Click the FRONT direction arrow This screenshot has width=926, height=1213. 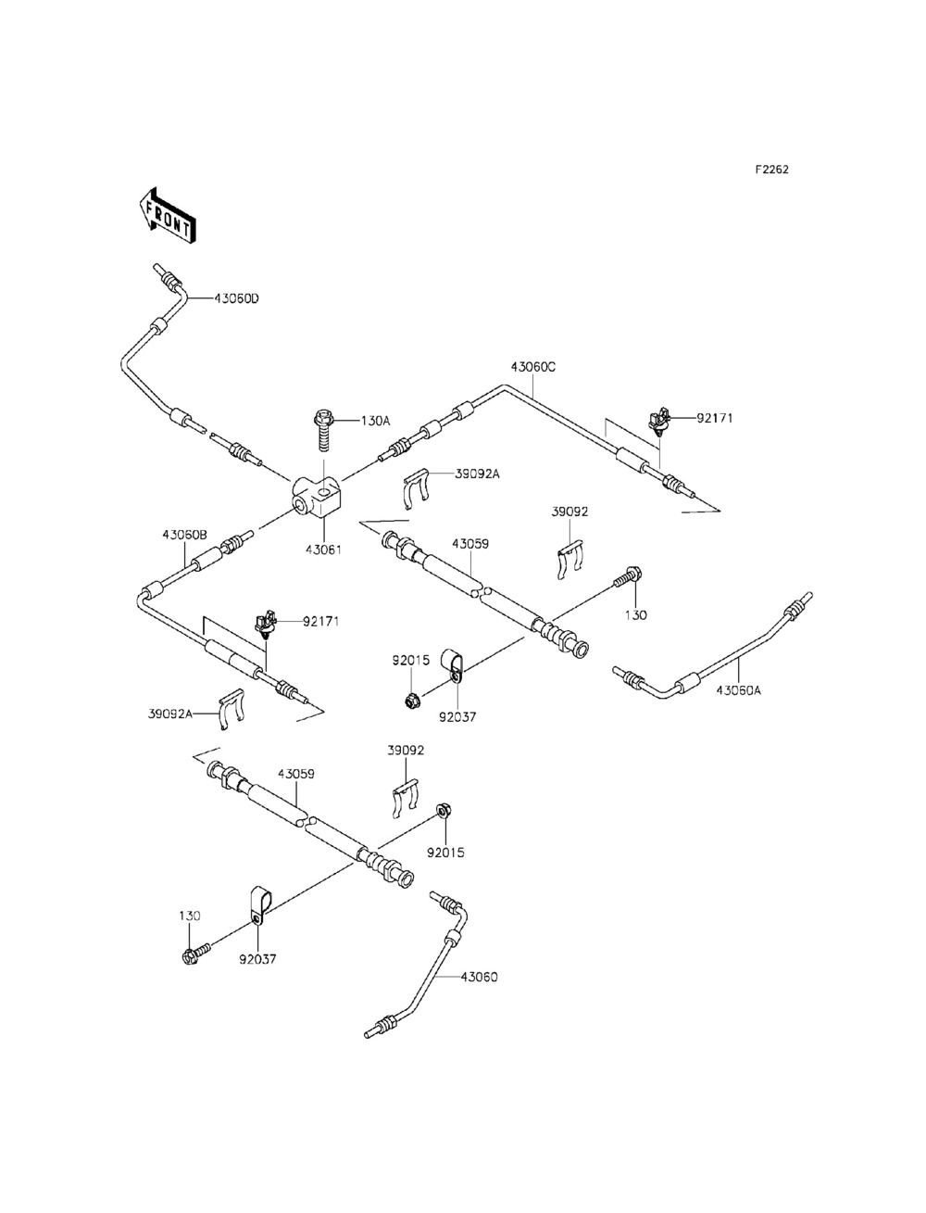pos(168,216)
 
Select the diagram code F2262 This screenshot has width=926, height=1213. pos(772,170)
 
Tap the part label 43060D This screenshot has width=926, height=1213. pos(236,298)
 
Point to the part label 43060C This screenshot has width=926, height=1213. pos(532,366)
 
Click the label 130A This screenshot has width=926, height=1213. pos(375,421)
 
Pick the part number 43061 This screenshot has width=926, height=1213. pos(323,550)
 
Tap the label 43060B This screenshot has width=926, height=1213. pos(184,535)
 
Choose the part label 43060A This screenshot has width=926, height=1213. pos(739,689)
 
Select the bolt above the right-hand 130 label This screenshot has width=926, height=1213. pos(627,577)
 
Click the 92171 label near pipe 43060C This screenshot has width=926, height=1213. pos(715,418)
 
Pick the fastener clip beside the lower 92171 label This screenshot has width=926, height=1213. pos(267,626)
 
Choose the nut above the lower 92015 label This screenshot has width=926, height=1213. pos(442,811)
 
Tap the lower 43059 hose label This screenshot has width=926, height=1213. pos(296,774)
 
